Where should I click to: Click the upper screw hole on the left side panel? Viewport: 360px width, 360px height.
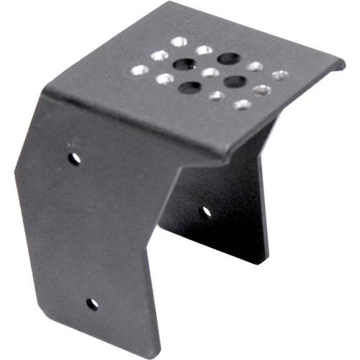pyautogui.click(x=74, y=157)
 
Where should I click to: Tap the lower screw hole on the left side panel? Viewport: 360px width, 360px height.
pyautogui.click(x=92, y=304)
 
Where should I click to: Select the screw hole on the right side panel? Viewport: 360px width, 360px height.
pyautogui.click(x=206, y=212)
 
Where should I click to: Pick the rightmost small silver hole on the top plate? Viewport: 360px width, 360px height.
pyautogui.click(x=280, y=75)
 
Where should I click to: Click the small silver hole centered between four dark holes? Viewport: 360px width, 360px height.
pyautogui.click(x=210, y=73)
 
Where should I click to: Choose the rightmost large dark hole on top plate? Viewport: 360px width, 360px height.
pyautogui.click(x=235, y=81)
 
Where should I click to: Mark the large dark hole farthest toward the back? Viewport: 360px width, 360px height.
pyautogui.click(x=229, y=58)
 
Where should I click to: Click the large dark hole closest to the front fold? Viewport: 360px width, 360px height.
pyautogui.click(x=190, y=88)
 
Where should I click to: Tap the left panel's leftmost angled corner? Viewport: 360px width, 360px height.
pyautogui.click(x=16, y=171)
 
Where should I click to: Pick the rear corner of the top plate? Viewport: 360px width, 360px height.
pyautogui.click(x=190, y=3)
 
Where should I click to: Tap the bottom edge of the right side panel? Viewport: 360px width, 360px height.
pyautogui.click(x=216, y=245)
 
